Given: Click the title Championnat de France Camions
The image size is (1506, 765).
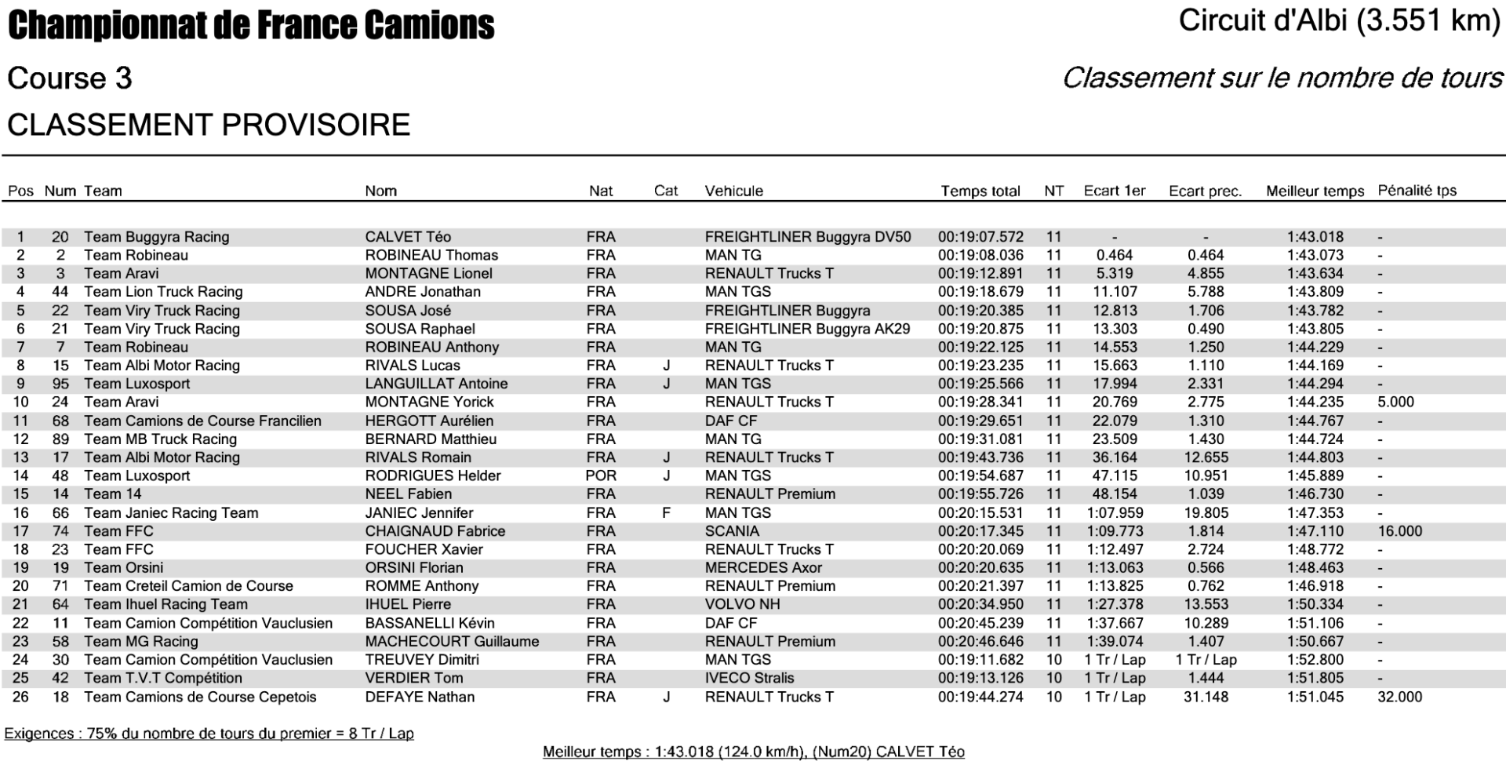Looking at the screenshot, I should coord(251,25).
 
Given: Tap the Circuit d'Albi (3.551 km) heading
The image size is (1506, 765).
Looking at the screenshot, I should coord(1339,20).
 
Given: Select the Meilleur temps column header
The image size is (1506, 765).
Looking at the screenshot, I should coord(1315,191).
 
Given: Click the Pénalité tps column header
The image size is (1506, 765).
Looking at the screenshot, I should coord(1417,191).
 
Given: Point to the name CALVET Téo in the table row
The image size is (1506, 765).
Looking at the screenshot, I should coord(408,237).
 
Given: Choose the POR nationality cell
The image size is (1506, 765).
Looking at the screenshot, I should coord(601,475).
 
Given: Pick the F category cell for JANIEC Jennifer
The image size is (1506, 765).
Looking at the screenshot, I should coord(666,512).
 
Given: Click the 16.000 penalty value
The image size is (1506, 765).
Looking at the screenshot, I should coord(1399,531).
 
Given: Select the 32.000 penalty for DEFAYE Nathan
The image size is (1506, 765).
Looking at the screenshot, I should coord(1399,697).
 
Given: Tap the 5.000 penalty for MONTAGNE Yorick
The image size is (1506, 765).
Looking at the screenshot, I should coord(1395,402).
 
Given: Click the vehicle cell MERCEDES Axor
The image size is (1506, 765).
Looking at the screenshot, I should coord(763,567).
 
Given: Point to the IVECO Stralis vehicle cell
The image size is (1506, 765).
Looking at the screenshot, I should coord(749,678).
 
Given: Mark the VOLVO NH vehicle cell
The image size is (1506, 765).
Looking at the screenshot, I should coord(742,604).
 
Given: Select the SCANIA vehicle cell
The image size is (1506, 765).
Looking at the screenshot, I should coord(732,531).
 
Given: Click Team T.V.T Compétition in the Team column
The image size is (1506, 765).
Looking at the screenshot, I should coord(163,678).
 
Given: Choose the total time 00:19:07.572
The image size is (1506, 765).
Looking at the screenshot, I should coord(980,237).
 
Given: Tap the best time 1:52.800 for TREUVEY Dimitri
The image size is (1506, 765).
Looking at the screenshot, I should coord(1315,660).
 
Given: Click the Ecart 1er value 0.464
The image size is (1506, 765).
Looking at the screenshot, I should coord(1115,255).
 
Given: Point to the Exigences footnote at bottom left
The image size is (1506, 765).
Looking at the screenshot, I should coord(209,734).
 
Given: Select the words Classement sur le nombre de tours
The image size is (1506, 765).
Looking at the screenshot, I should coord(1282,78).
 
